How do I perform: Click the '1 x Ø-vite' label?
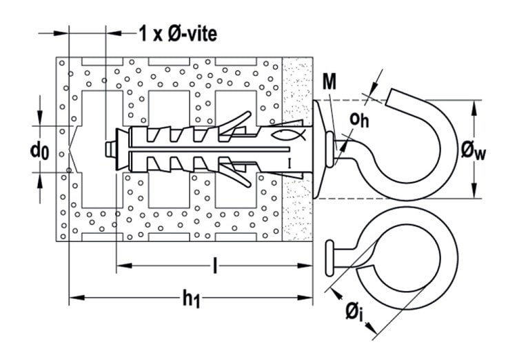pos(178,34)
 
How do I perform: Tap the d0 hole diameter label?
pos(39,152)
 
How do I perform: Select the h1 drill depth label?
pos(191,299)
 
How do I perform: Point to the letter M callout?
pos(330,82)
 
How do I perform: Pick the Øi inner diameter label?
pos(354,312)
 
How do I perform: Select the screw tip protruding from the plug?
pos(110,150)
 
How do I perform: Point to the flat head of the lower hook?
pos(330,259)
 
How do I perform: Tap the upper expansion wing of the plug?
pos(235,123)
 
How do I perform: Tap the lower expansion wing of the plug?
pos(235,176)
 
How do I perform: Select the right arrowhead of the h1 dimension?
pos(305,298)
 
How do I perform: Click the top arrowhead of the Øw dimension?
pos(474,108)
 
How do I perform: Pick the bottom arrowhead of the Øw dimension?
pos(474,190)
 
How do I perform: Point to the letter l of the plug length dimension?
pos(215,266)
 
